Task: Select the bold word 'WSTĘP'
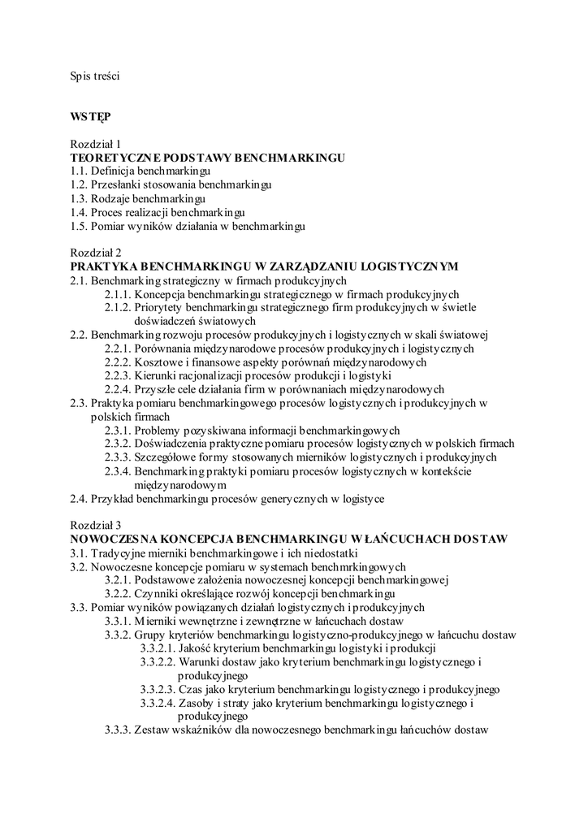[89, 116]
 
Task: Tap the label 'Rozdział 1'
[95, 143]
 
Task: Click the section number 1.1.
[78, 171]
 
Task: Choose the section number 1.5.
[78, 226]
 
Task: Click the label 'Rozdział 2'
[95, 253]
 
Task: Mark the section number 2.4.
[78, 498]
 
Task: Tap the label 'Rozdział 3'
[95, 525]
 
